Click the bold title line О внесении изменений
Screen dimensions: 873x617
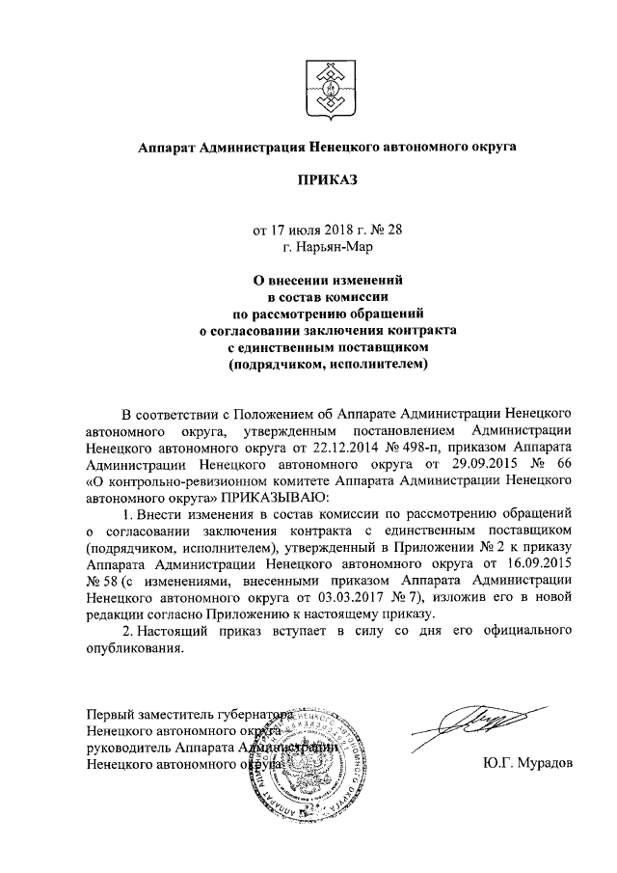coord(325,279)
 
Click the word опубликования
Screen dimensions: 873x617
coord(134,649)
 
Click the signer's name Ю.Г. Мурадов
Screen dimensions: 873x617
coord(527,762)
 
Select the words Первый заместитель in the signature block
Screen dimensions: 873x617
coord(145,715)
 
